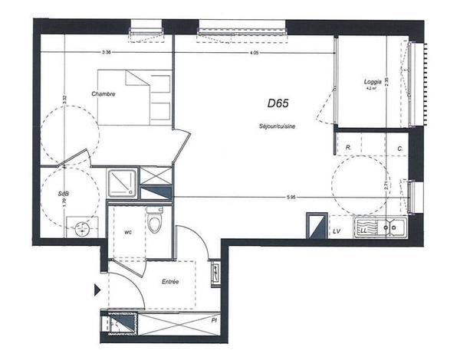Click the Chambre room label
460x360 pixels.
pyautogui.click(x=103, y=94)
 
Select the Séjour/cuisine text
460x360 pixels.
pyautogui.click(x=278, y=127)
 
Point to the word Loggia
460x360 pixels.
pyautogui.click(x=373, y=81)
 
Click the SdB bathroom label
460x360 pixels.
pyautogui.click(x=64, y=195)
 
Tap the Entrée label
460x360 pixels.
pyautogui.click(x=170, y=283)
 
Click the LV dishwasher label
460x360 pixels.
pyautogui.click(x=336, y=230)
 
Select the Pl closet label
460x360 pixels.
pyautogui.click(x=215, y=322)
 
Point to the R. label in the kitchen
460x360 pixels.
pyautogui.click(x=348, y=147)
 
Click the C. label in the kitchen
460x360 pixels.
pyautogui.click(x=399, y=147)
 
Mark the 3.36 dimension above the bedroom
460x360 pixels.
pyautogui.click(x=107, y=53)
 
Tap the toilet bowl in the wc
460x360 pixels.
pyautogui.click(x=156, y=224)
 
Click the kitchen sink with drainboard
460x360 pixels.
pyautogui.click(x=379, y=227)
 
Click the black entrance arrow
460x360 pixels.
pyautogui.click(x=97, y=290)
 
